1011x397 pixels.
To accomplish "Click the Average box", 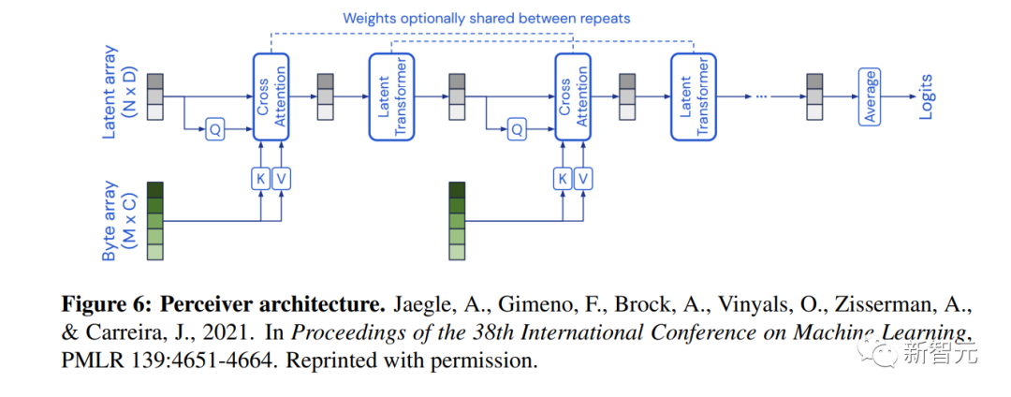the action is (870, 96).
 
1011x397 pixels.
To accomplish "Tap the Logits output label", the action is (926, 96).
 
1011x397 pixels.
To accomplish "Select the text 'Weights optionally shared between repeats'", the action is (486, 18).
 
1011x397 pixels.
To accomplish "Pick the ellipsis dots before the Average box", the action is (763, 96).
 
